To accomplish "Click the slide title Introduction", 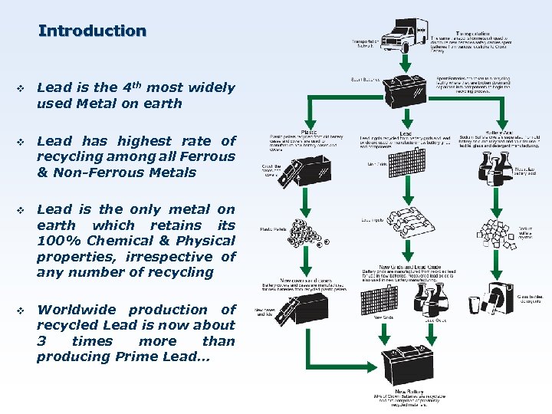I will click(92, 31).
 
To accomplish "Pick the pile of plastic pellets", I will click(307, 233).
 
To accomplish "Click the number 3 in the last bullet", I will click(41, 340).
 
